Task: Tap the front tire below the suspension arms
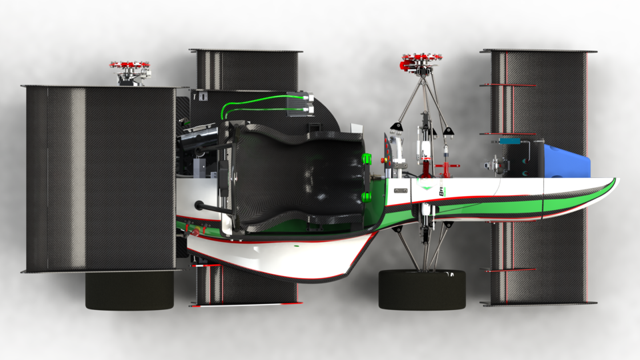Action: (421, 289)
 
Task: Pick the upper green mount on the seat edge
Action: (365, 159)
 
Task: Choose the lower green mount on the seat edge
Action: (365, 196)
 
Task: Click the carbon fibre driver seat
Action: (293, 176)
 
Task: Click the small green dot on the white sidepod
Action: (295, 245)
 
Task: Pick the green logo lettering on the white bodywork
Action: (441, 191)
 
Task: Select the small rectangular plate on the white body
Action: (400, 191)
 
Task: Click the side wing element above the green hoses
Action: (245, 69)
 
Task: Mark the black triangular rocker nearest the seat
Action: (398, 126)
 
